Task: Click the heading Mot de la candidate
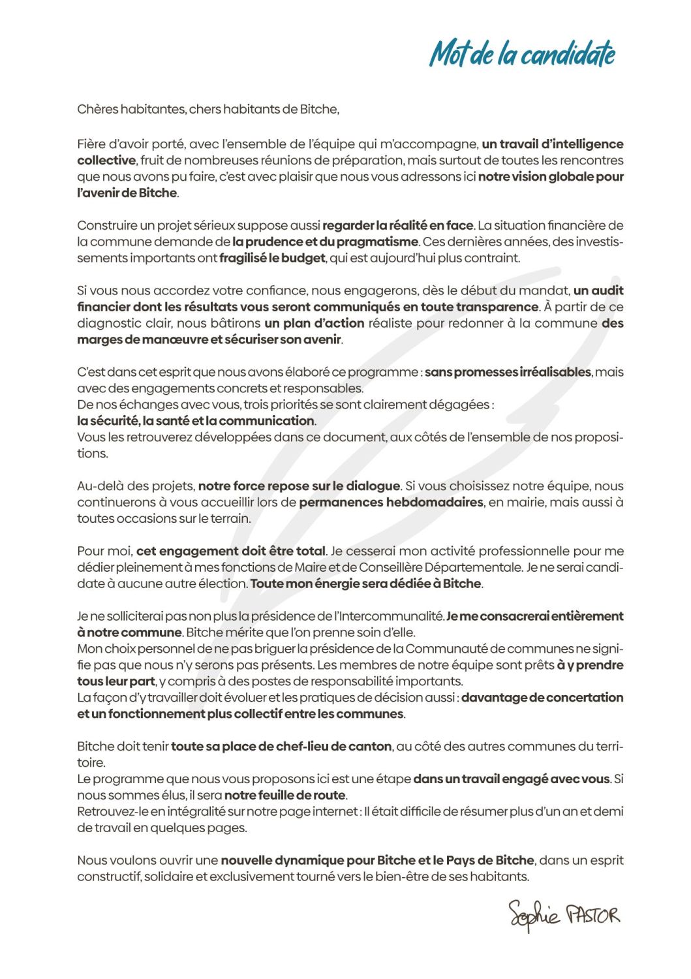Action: coord(522,54)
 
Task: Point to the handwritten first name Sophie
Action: coord(534,915)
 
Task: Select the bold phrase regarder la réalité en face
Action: coord(397,226)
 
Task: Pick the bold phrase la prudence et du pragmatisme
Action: coord(325,242)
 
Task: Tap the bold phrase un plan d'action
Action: coord(314,324)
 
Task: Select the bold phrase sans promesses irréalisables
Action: coord(508,373)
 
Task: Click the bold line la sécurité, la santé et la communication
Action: coord(196,421)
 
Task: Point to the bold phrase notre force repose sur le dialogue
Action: coord(299,486)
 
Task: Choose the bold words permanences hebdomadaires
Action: coord(391,503)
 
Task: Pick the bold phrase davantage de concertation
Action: coord(542,698)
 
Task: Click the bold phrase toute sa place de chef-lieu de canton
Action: coord(281,747)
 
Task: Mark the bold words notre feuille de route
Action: coord(284,796)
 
